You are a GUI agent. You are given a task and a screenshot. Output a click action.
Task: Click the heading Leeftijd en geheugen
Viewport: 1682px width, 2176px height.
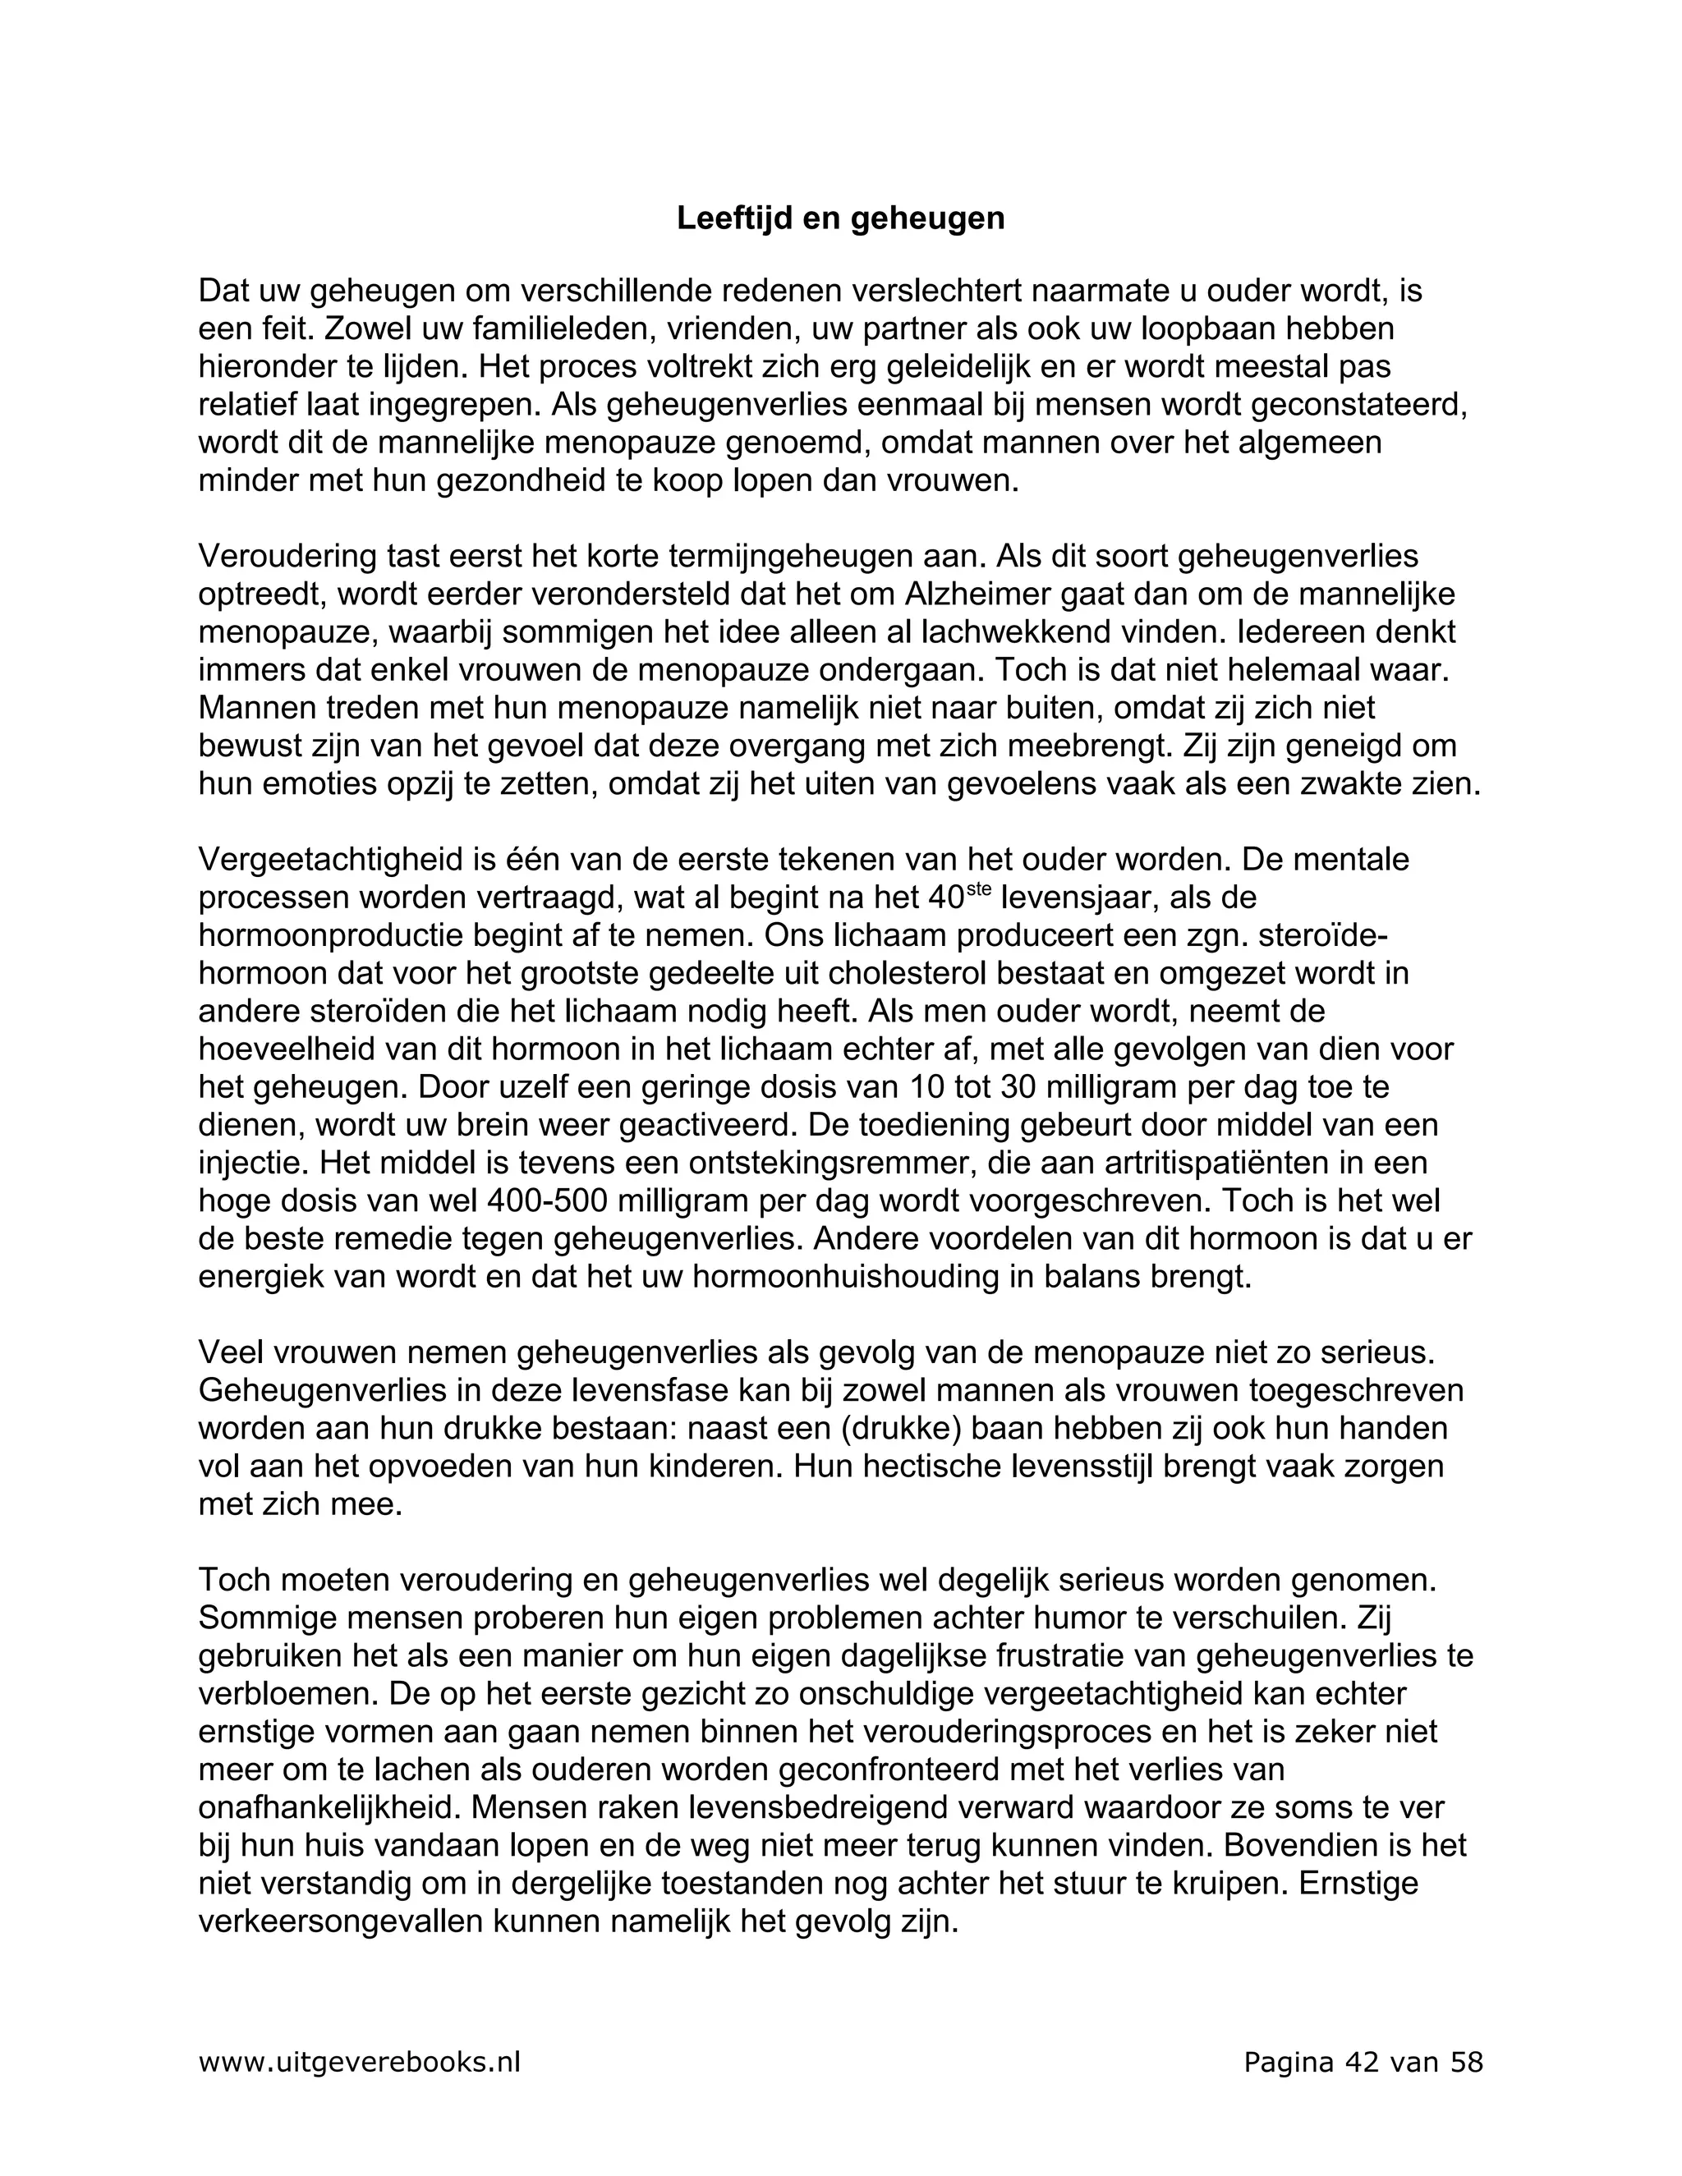point(840,219)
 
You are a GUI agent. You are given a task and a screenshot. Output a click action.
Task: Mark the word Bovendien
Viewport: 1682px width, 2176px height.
point(1293,1845)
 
